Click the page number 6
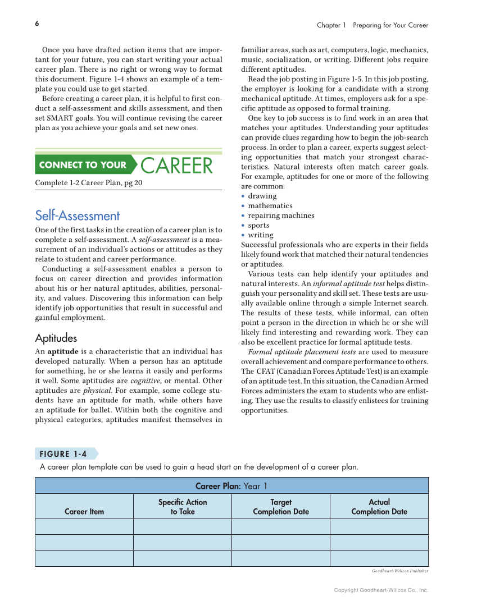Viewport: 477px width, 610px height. [37, 24]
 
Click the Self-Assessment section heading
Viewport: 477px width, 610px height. [77, 215]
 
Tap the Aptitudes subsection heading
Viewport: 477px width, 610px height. [56, 338]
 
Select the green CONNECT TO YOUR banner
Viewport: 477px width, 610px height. [83, 165]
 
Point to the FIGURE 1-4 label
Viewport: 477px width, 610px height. [63, 454]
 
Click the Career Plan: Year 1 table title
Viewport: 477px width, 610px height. [231, 486]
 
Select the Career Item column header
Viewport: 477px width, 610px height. [84, 511]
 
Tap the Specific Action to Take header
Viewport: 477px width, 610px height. [182, 507]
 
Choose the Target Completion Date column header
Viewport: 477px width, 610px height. [280, 507]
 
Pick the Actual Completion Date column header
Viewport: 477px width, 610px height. [379, 507]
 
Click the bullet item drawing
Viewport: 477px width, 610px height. [262, 196]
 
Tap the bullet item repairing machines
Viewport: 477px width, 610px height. [281, 215]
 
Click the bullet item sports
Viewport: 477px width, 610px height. [258, 226]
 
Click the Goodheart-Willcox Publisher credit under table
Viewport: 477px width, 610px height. [399, 571]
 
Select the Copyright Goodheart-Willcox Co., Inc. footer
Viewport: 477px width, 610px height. [380, 590]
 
